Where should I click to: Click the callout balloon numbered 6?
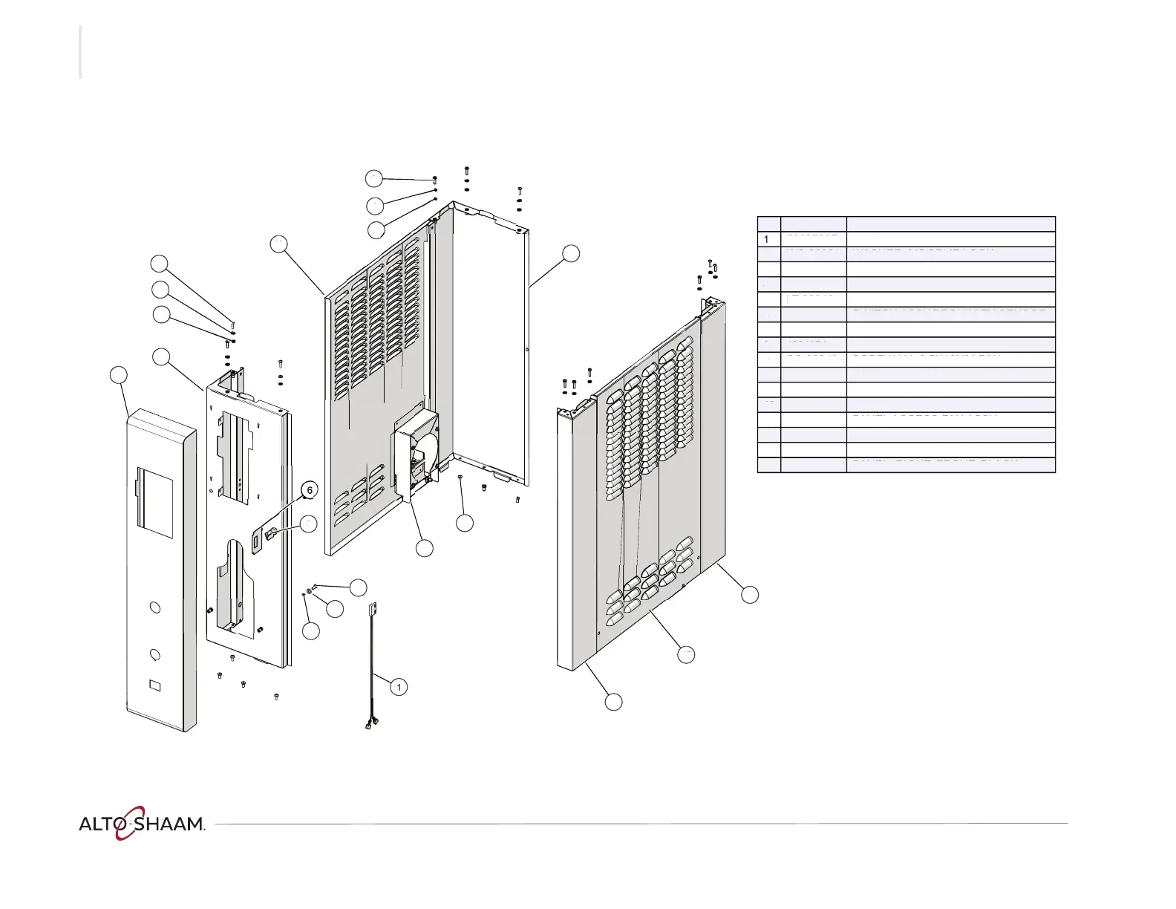(x=310, y=490)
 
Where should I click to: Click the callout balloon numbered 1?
(x=399, y=687)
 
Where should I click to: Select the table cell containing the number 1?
(x=768, y=239)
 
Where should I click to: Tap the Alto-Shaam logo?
(x=142, y=823)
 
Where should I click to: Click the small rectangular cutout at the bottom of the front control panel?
(x=154, y=685)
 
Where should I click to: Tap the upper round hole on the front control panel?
(x=154, y=607)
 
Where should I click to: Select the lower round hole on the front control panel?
(x=154, y=654)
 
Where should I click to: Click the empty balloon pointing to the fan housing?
(x=425, y=548)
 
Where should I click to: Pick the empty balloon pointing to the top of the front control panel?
(x=118, y=374)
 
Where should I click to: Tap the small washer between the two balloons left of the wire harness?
(x=310, y=592)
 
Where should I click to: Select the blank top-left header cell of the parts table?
(x=768, y=224)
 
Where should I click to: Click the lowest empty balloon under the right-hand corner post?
(x=613, y=702)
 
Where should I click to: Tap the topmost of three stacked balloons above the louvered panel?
(x=373, y=178)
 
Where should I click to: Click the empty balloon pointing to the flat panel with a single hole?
(x=570, y=252)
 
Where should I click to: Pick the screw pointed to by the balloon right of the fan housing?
(x=460, y=477)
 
